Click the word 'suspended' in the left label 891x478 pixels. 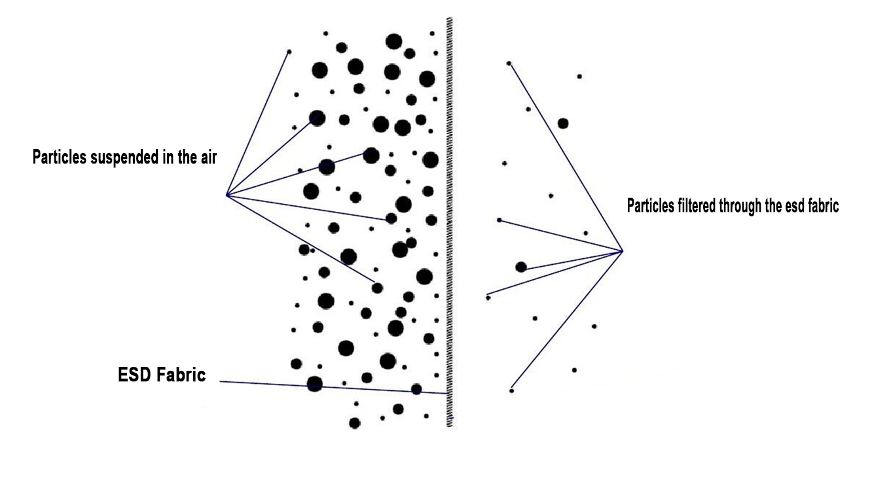[124, 158]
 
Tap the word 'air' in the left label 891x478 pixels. [208, 158]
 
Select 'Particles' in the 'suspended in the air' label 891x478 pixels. [60, 157]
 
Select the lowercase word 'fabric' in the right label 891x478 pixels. [823, 206]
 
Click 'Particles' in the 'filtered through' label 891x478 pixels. [650, 206]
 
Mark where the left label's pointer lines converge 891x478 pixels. [227, 196]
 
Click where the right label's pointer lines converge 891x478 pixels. [622, 251]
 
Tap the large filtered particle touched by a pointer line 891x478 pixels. [521, 267]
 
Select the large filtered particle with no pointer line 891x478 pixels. [563, 123]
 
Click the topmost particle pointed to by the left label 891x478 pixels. [289, 52]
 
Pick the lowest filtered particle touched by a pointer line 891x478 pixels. [511, 390]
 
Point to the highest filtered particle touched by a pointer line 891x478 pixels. [509, 63]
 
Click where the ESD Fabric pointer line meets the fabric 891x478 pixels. [448, 394]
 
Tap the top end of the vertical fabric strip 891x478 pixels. [450, 18]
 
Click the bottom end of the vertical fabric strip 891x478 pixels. [450, 426]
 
